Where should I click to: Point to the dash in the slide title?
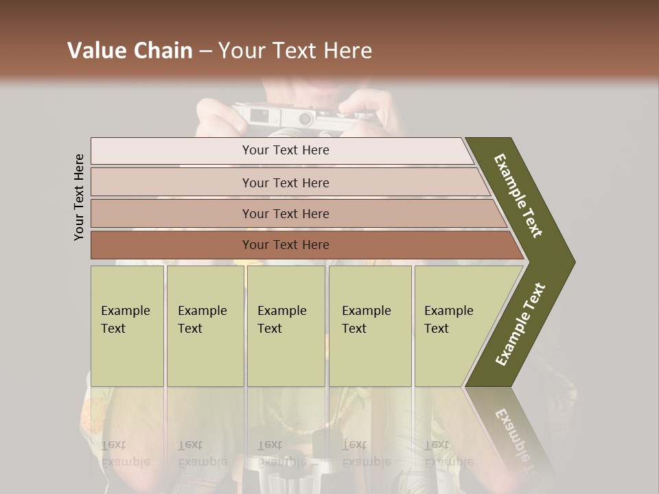click(205, 51)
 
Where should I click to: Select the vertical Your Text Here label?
click(80, 197)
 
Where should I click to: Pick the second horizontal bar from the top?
click(285, 183)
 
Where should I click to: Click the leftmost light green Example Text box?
click(127, 326)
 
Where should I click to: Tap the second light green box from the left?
click(205, 326)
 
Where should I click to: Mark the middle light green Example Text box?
click(286, 326)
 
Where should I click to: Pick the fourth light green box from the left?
click(370, 326)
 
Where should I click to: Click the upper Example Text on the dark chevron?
click(518, 196)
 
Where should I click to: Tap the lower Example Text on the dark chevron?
click(520, 325)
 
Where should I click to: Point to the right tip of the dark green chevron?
click(573, 262)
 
